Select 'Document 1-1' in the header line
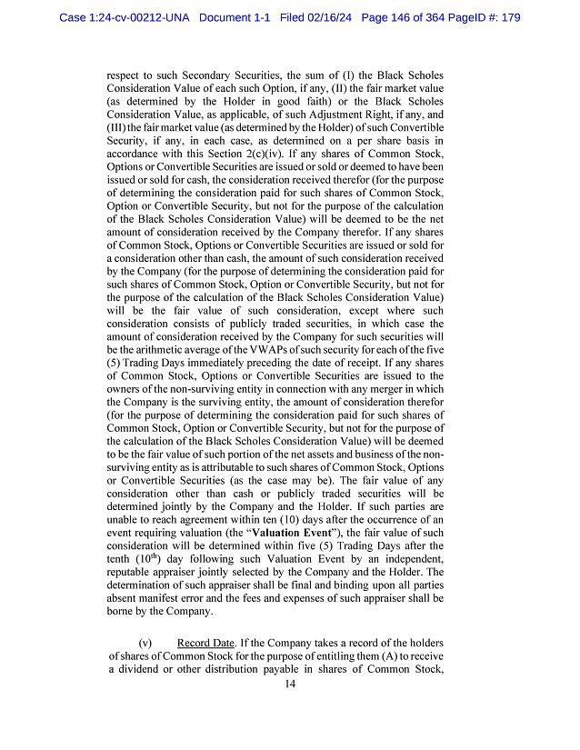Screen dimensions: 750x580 [237, 17]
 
